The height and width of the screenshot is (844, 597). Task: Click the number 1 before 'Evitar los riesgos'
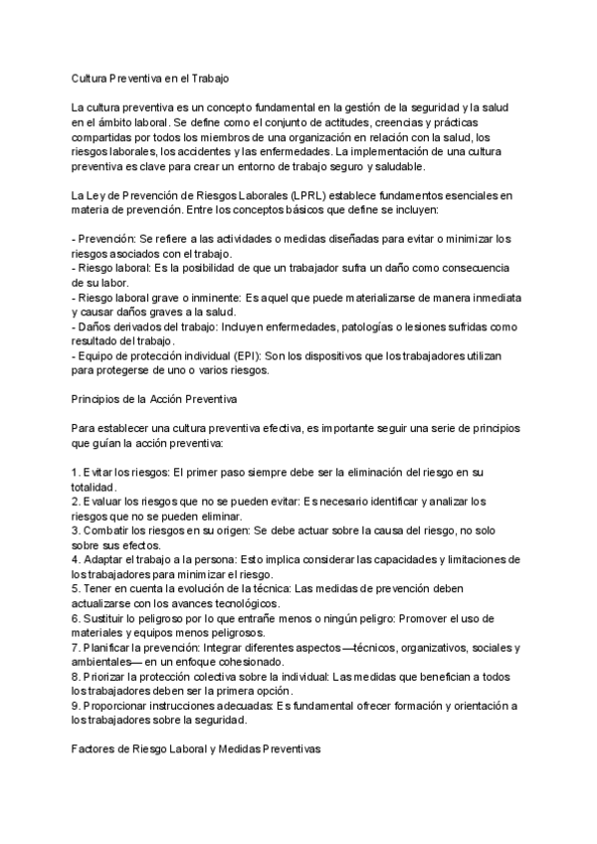(75, 472)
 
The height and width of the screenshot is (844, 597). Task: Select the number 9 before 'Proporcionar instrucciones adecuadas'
(75, 706)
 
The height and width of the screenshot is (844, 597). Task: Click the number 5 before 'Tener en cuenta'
(75, 589)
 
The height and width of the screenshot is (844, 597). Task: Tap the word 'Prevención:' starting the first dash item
(106, 238)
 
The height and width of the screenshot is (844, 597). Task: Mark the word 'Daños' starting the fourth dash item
(97, 325)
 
